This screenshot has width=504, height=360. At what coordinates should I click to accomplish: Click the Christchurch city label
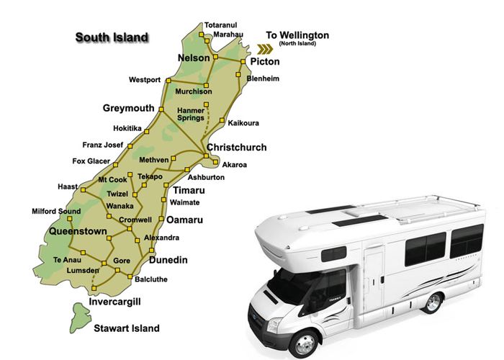(236, 148)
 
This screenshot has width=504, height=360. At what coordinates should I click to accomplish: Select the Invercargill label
(112, 302)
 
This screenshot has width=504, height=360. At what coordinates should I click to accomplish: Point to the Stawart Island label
(127, 328)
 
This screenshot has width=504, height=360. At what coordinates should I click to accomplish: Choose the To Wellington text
(297, 35)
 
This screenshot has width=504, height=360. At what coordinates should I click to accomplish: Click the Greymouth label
(128, 108)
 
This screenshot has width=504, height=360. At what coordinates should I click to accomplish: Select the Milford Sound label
(56, 211)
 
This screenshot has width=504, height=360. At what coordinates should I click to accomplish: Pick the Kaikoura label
(243, 124)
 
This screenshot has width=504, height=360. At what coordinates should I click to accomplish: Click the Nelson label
(194, 58)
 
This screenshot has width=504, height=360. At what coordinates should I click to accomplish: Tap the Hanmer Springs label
(191, 114)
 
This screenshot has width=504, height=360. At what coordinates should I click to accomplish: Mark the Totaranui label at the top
(220, 24)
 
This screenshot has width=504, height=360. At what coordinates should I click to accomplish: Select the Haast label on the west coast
(68, 186)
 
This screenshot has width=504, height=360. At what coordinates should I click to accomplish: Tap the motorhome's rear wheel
(432, 301)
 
